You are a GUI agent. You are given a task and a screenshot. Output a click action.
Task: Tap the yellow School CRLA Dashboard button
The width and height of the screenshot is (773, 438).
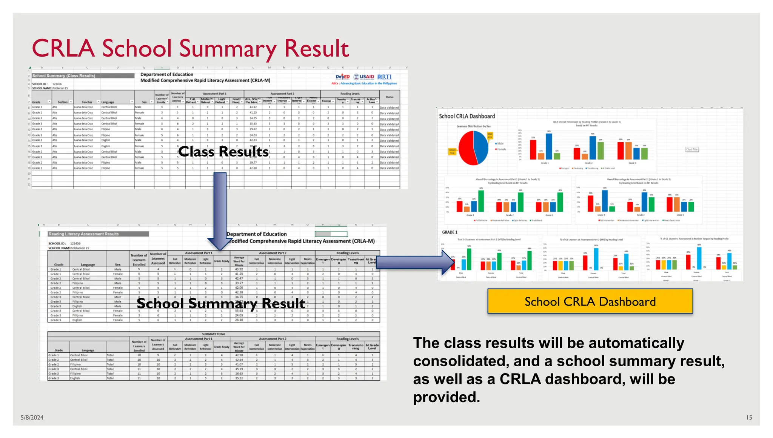pos(590,301)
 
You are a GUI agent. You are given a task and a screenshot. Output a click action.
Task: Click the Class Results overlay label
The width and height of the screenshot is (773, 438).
pos(223,152)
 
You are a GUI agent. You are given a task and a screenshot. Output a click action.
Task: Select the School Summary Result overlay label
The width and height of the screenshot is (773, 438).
pos(221,303)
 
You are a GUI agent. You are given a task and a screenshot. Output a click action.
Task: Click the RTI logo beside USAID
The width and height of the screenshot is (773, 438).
pos(385,77)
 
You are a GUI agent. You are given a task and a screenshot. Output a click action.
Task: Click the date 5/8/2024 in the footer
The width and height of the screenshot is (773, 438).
pos(32,417)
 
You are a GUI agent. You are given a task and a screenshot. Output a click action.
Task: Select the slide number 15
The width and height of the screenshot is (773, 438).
pos(749,417)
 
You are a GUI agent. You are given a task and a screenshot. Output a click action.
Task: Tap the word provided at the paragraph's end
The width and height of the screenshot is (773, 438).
pos(446,397)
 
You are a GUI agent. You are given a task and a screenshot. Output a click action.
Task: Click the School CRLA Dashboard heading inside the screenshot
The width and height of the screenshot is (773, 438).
pos(467,116)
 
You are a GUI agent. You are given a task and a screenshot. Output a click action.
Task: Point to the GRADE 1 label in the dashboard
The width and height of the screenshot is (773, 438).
pos(450,232)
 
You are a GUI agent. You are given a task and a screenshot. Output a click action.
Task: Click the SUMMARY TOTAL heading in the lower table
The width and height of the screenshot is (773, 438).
pos(214,334)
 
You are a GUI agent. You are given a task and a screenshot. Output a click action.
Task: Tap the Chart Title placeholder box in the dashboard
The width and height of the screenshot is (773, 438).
pos(692,149)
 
